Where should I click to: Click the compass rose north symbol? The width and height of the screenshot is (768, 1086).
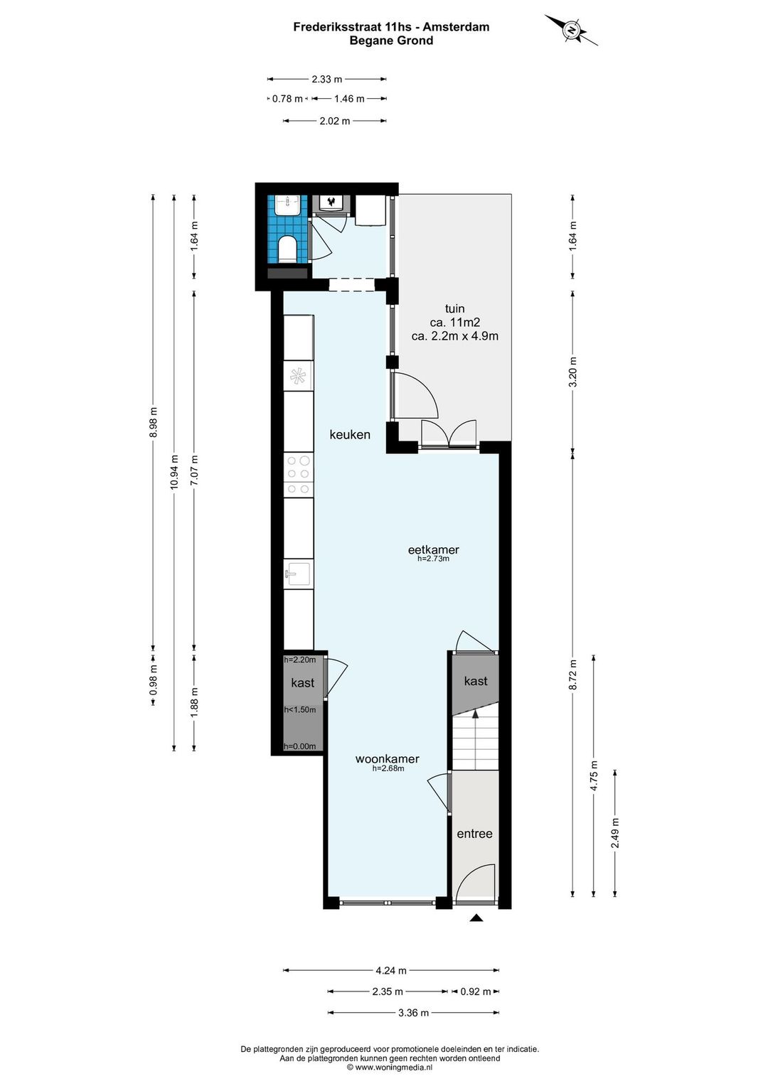[572, 30]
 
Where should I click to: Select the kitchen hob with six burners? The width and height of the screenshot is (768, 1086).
[299, 474]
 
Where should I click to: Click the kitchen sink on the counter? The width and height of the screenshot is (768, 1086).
[299, 574]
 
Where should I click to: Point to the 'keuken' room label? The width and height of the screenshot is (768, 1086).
[350, 434]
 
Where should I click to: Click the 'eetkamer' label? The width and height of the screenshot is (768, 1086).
[433, 549]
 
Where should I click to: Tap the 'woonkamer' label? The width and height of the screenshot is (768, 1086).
[387, 759]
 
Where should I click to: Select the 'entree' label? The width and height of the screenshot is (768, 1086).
[474, 834]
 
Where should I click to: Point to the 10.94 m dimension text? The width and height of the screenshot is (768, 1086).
[175, 472]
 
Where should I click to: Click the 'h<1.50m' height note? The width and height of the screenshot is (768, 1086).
[300, 710]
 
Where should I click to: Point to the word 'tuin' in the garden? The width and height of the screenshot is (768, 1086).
[454, 308]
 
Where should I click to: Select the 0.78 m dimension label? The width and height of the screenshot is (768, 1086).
[287, 99]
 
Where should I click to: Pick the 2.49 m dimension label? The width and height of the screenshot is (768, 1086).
[614, 833]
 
